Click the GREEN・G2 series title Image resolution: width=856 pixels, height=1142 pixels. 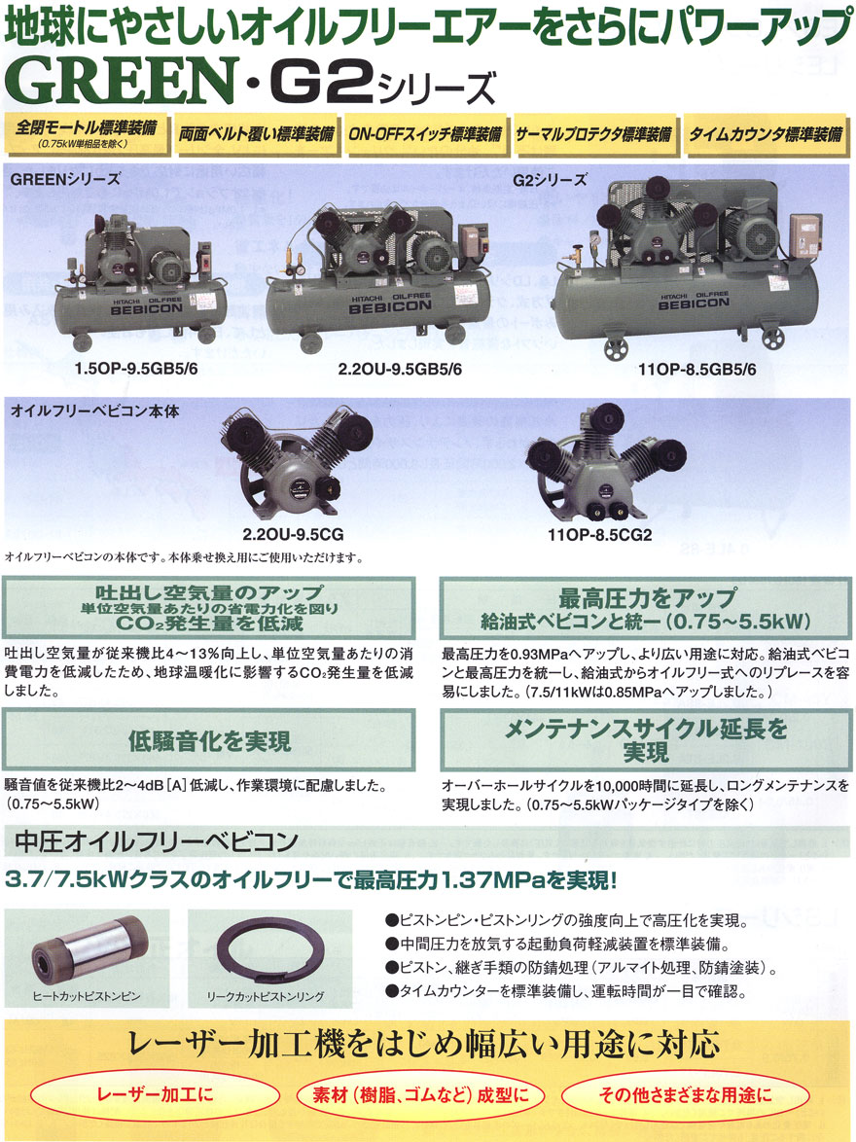(253, 86)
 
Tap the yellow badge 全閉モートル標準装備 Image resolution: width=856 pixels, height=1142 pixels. (85, 135)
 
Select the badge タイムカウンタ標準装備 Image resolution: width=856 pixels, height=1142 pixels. (766, 135)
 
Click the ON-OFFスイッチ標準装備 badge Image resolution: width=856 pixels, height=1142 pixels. (426, 135)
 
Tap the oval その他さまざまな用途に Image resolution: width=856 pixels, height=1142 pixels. (685, 1096)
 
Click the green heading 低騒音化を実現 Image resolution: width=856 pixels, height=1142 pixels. (209, 742)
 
